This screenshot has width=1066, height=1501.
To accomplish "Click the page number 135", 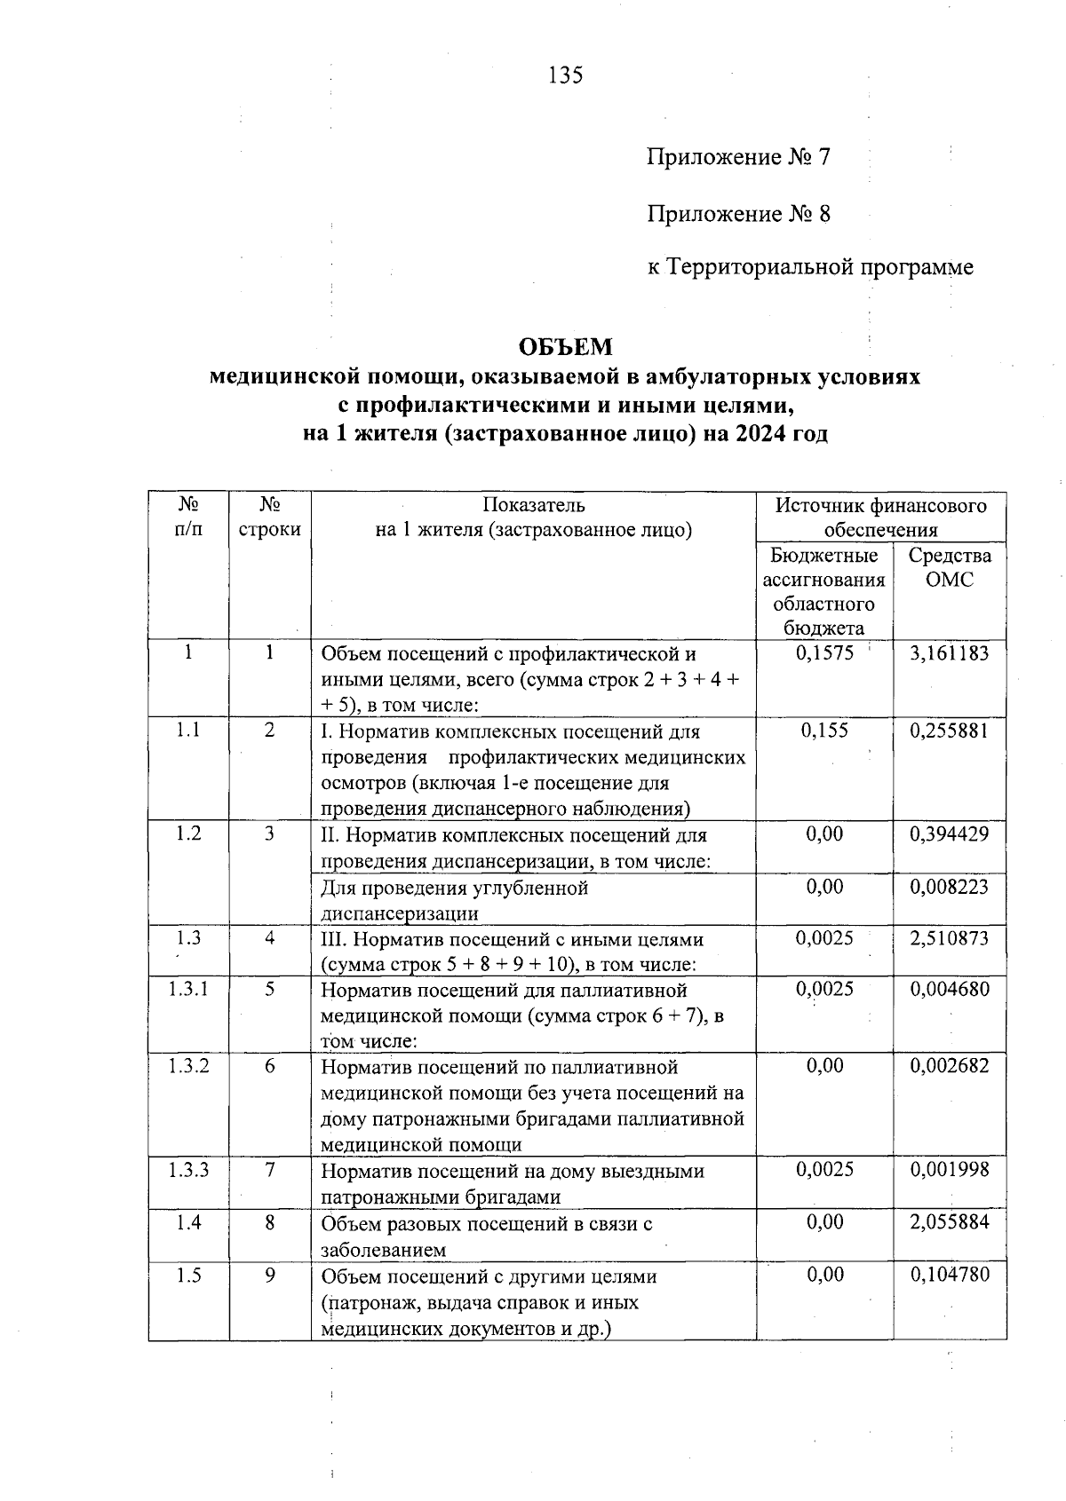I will (566, 75).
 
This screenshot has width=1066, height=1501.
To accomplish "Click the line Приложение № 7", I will (738, 158).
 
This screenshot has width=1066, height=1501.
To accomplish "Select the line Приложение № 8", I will (738, 214).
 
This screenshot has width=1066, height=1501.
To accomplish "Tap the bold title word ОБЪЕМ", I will (566, 345).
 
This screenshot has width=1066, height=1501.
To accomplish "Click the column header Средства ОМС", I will (949, 568).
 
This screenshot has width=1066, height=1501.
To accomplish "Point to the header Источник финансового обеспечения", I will (880, 517).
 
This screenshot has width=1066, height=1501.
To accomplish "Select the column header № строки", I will (269, 517).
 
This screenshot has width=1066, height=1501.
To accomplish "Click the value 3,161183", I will (949, 653).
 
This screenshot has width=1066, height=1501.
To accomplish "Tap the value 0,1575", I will (824, 653).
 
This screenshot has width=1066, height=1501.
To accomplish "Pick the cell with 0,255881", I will (949, 731).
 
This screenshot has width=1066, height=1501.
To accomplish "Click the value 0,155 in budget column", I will (824, 731).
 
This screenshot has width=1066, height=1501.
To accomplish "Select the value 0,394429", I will (949, 834).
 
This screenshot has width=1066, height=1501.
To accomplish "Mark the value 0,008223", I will (949, 887).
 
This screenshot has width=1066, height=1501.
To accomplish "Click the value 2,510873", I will (949, 938).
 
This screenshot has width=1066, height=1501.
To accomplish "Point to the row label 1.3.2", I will (188, 1066).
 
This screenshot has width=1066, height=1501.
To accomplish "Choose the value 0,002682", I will (949, 1066).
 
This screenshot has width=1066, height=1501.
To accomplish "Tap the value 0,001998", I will (949, 1170).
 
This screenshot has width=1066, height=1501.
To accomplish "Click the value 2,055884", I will (949, 1222).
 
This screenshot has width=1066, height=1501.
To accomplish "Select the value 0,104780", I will (949, 1275).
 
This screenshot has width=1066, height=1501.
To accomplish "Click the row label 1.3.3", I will (188, 1170).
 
